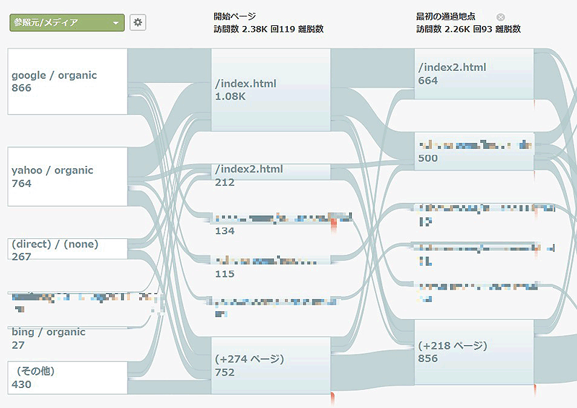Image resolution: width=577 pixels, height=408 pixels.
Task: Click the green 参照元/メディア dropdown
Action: click(67, 22)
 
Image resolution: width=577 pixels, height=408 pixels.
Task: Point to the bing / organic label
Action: click(48, 332)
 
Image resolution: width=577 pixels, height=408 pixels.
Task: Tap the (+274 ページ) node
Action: click(270, 365)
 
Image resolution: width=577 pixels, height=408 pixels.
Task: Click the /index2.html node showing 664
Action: click(474, 74)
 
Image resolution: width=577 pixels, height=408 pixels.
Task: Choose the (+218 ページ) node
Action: click(474, 352)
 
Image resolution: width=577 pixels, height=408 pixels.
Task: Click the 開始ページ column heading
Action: click(234, 16)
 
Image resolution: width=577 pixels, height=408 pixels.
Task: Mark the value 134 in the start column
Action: click(225, 231)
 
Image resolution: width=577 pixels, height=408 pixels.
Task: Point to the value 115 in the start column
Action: click(225, 274)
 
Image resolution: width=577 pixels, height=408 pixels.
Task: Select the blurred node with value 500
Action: click(474, 151)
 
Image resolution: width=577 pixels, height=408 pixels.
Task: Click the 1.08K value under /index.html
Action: click(230, 96)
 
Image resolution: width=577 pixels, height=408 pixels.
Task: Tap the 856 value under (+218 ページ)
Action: click(428, 358)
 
